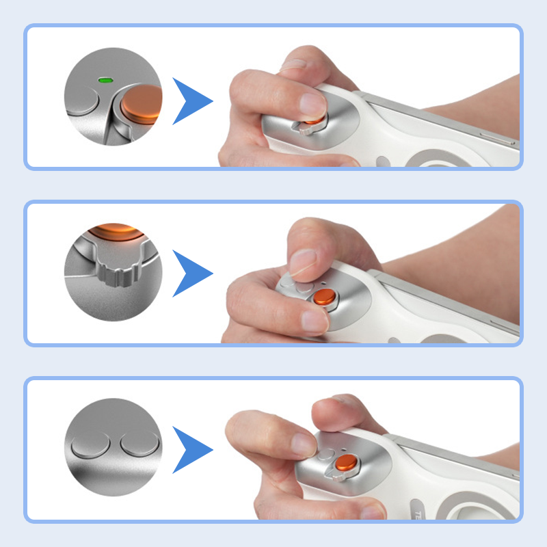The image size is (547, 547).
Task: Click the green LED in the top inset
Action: click(x=105, y=80)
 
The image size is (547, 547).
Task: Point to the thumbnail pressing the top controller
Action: click(x=313, y=105)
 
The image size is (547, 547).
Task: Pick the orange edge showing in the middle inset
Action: click(x=113, y=230)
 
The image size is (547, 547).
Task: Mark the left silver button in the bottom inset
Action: click(x=90, y=446)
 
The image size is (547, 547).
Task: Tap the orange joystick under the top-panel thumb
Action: click(x=312, y=122)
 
